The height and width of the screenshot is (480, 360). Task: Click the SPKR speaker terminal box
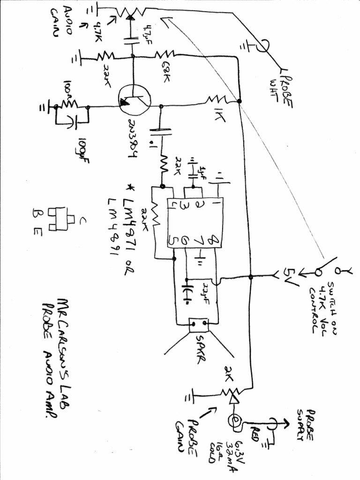tap(198, 324)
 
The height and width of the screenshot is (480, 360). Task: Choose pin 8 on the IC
tap(213, 240)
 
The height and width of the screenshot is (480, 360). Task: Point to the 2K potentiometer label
tap(230, 371)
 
